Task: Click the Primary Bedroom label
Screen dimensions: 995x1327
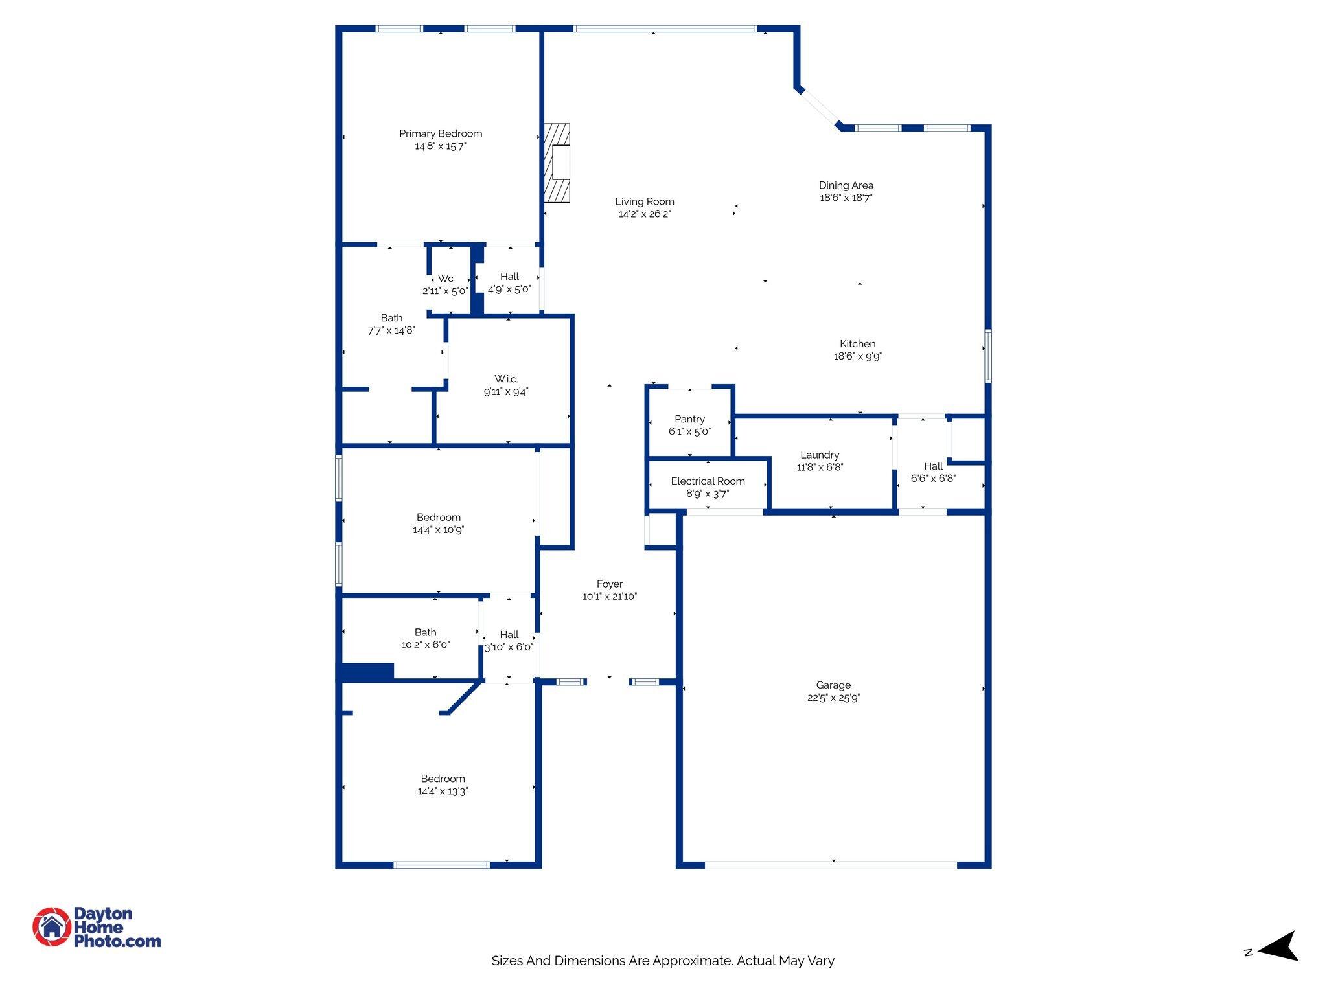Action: [441, 133]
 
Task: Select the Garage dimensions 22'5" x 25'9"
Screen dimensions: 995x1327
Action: [833, 698]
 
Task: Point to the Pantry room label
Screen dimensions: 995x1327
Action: [689, 419]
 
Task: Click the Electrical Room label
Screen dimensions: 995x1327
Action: [708, 481]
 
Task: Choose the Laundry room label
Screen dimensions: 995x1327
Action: [820, 455]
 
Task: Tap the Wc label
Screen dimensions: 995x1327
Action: [446, 279]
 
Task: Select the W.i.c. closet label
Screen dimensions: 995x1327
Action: [506, 379]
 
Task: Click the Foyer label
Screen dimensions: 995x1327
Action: [610, 584]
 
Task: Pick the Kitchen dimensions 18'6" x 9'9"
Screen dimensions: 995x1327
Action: [857, 356]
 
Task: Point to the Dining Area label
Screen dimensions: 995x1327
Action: [846, 185]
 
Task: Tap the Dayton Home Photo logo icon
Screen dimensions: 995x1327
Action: [52, 927]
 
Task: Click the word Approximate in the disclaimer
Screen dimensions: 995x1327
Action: [690, 961]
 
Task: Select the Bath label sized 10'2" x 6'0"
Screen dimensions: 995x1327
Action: [426, 632]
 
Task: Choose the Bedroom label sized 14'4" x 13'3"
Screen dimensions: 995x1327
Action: [443, 779]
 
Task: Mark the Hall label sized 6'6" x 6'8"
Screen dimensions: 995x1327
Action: [933, 466]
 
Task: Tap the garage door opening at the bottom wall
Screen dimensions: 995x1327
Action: [831, 864]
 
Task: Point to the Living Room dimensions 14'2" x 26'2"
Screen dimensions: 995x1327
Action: [644, 214]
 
